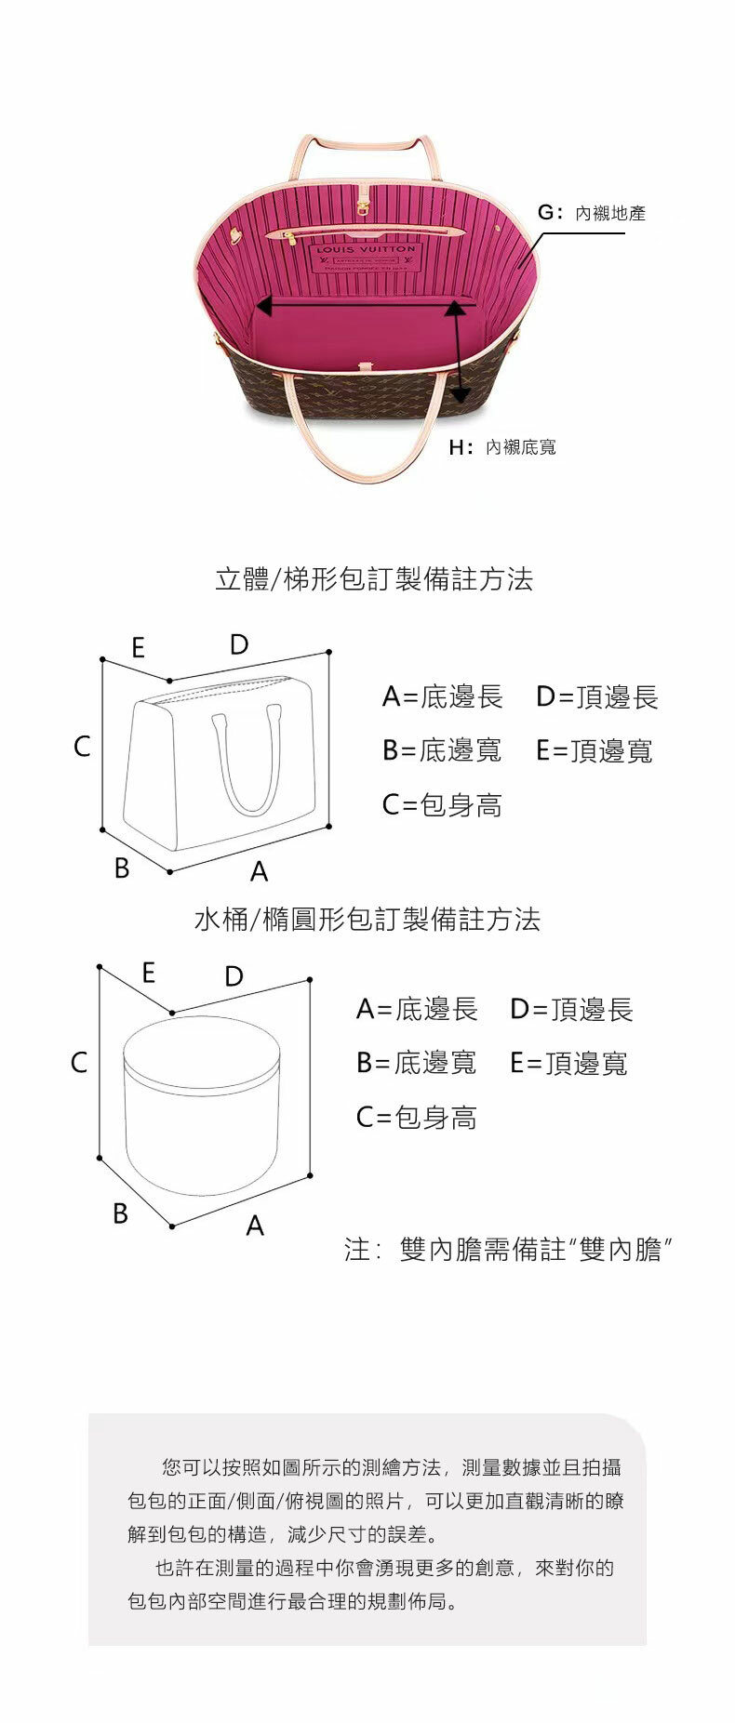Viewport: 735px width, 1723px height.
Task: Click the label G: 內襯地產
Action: click(592, 213)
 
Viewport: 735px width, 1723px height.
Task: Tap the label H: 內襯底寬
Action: click(502, 447)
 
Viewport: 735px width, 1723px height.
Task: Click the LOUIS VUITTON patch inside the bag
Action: click(366, 257)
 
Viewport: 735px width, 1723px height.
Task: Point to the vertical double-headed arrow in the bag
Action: click(457, 350)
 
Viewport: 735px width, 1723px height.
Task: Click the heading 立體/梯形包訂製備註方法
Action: click(374, 579)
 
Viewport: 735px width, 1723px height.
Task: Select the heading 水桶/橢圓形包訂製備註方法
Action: click(367, 920)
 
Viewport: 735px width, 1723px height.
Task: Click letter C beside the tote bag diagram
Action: click(82, 746)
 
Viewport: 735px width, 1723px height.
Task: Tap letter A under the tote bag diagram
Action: click(259, 871)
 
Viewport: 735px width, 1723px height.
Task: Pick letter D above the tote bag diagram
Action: click(239, 644)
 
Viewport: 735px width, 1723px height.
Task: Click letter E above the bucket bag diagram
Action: click(148, 973)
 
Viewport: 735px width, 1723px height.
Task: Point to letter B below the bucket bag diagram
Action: click(120, 1213)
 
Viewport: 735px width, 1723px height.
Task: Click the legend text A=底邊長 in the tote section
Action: click(442, 696)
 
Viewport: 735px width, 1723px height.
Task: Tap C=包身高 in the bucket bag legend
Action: click(416, 1117)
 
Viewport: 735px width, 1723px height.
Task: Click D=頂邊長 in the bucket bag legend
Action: click(571, 1009)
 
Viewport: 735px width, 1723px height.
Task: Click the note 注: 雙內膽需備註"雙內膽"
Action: click(508, 1249)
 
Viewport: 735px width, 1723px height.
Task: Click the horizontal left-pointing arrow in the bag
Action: click(363, 304)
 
